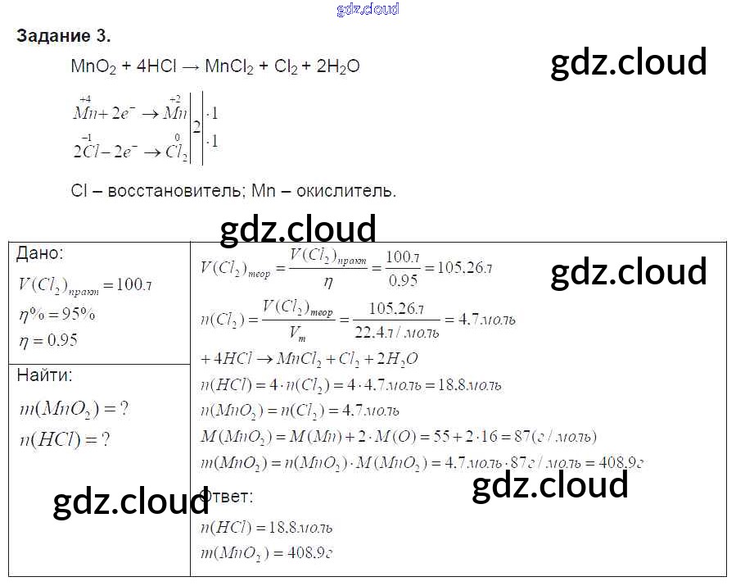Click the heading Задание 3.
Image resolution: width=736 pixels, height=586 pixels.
click(x=63, y=36)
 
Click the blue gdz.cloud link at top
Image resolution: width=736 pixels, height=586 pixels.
click(x=368, y=9)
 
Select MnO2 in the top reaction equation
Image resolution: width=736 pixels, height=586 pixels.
click(x=93, y=68)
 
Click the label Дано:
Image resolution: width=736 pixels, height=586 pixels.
click(x=39, y=254)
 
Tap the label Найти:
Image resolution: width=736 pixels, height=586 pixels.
click(x=44, y=375)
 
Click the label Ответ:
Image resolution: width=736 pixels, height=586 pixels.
click(x=227, y=497)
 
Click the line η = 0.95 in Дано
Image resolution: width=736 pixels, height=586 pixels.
click(x=48, y=340)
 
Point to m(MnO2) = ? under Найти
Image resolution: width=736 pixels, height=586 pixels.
click(x=74, y=409)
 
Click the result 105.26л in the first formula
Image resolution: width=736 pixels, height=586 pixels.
click(x=465, y=268)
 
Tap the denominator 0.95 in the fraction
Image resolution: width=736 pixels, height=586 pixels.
click(x=402, y=281)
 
